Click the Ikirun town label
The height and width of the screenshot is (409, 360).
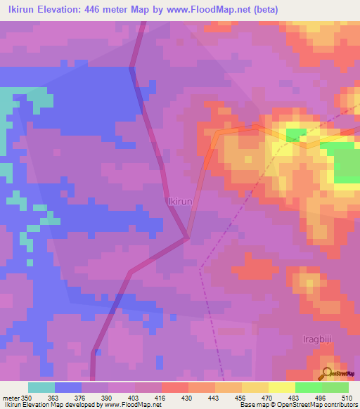(180, 201)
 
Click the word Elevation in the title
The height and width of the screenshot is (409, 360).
(59, 10)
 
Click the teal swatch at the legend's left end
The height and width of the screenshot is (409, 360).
(41, 387)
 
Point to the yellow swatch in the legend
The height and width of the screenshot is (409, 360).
(282, 387)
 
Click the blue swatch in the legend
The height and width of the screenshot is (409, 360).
(68, 387)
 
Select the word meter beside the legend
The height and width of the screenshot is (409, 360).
(11, 397)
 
